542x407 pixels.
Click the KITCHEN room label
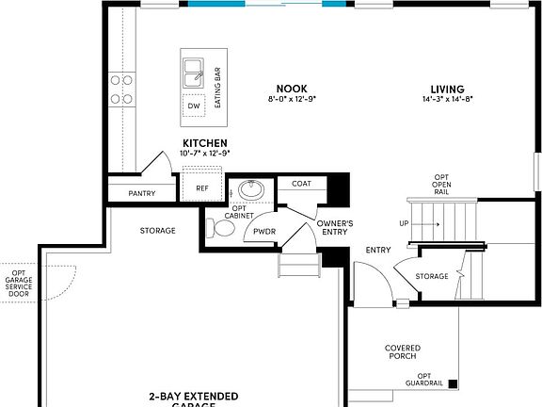pos(204,142)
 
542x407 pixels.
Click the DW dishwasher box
pos(194,106)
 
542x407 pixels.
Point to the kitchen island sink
pos(195,71)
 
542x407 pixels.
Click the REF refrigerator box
pos(201,187)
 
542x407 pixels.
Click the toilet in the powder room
pos(221,227)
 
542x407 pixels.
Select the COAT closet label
pos(301,184)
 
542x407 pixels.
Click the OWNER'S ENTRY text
pos(333,227)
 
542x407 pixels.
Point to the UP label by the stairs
pos(405,224)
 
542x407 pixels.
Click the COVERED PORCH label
pos(403,353)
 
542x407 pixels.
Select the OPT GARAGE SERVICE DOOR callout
pos(19,283)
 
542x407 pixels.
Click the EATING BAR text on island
pos(217,87)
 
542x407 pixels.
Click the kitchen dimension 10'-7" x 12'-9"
pos(204,153)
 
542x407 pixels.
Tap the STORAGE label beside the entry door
pos(432,276)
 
